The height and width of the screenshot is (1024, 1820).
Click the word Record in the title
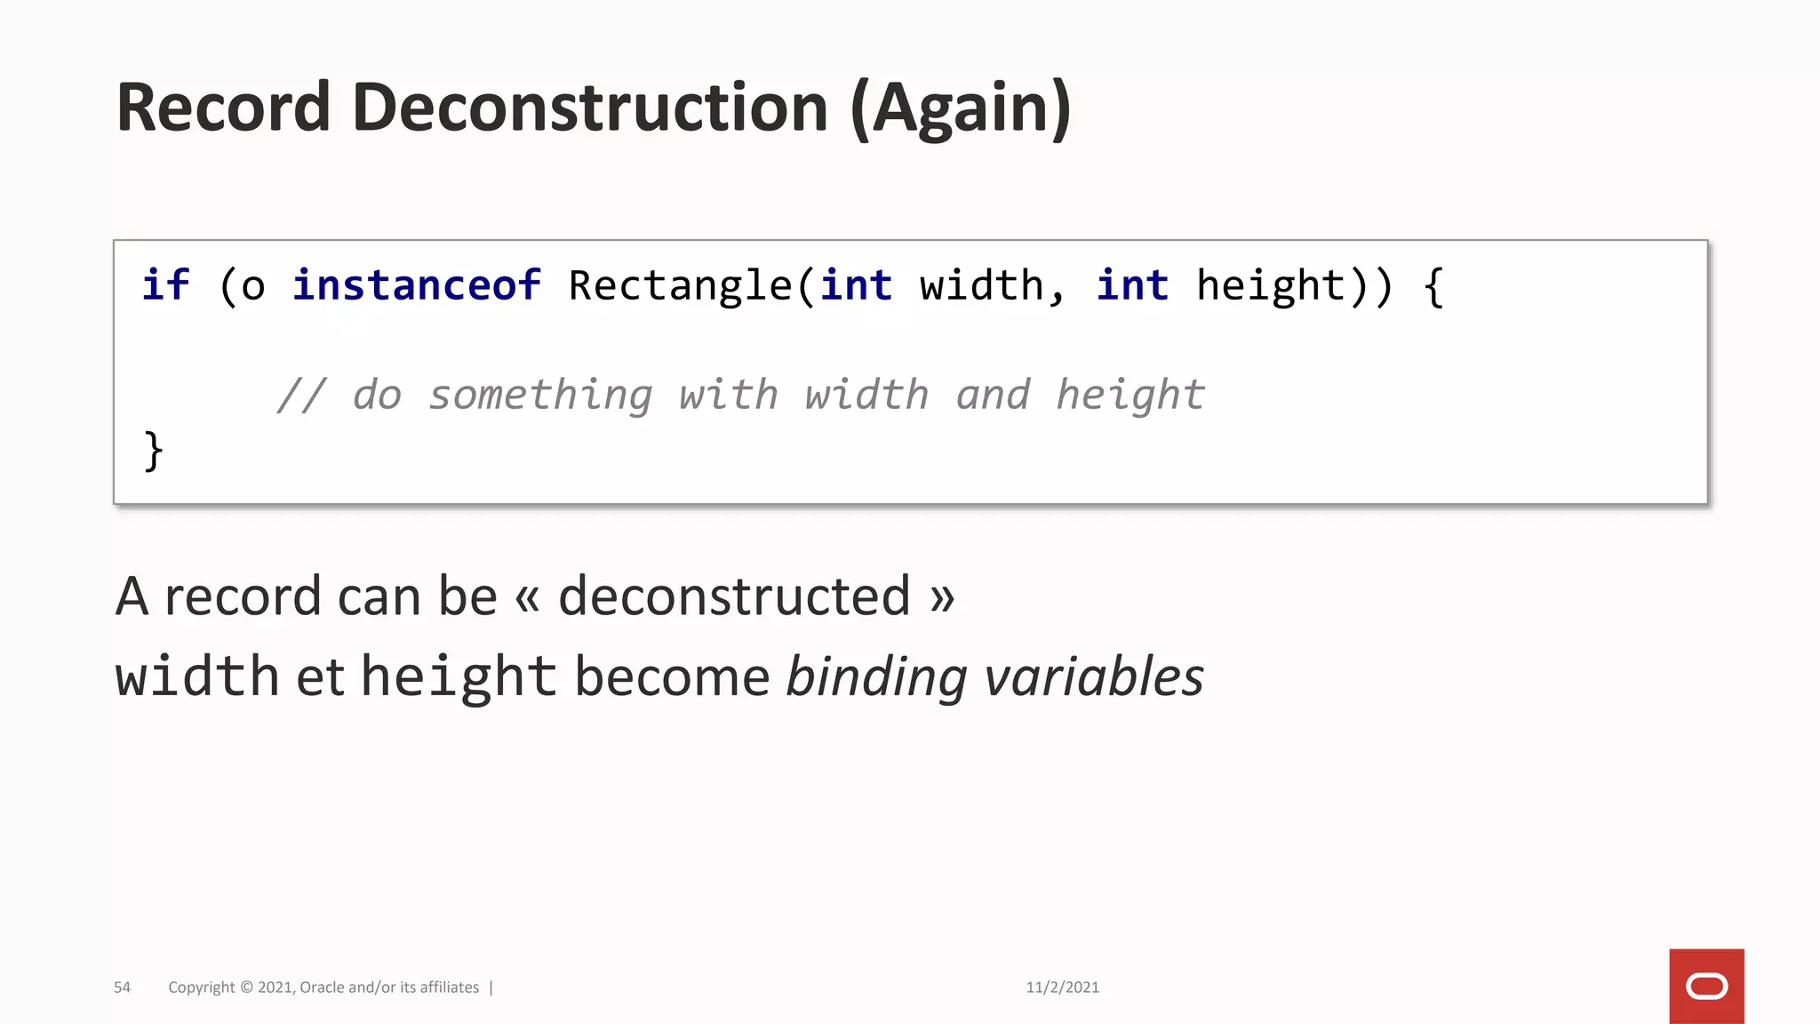point(223,108)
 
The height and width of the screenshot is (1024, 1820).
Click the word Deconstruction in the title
point(590,108)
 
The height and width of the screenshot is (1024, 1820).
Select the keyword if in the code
point(165,285)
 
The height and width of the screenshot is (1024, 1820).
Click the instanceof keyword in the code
point(417,285)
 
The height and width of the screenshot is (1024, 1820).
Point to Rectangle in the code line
point(681,286)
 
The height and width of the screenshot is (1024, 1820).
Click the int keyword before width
point(856,285)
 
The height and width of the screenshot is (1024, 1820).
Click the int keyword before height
point(1132,285)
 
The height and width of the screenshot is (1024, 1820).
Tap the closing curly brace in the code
point(153,451)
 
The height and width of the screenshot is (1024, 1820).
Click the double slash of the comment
point(301,395)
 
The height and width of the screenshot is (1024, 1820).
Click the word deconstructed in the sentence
point(734,596)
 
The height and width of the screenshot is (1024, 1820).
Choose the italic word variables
point(1094,676)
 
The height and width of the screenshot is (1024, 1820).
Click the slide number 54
point(122,988)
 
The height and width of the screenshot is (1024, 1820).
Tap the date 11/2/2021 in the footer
point(1062,988)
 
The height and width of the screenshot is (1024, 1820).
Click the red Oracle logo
point(1706,986)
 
